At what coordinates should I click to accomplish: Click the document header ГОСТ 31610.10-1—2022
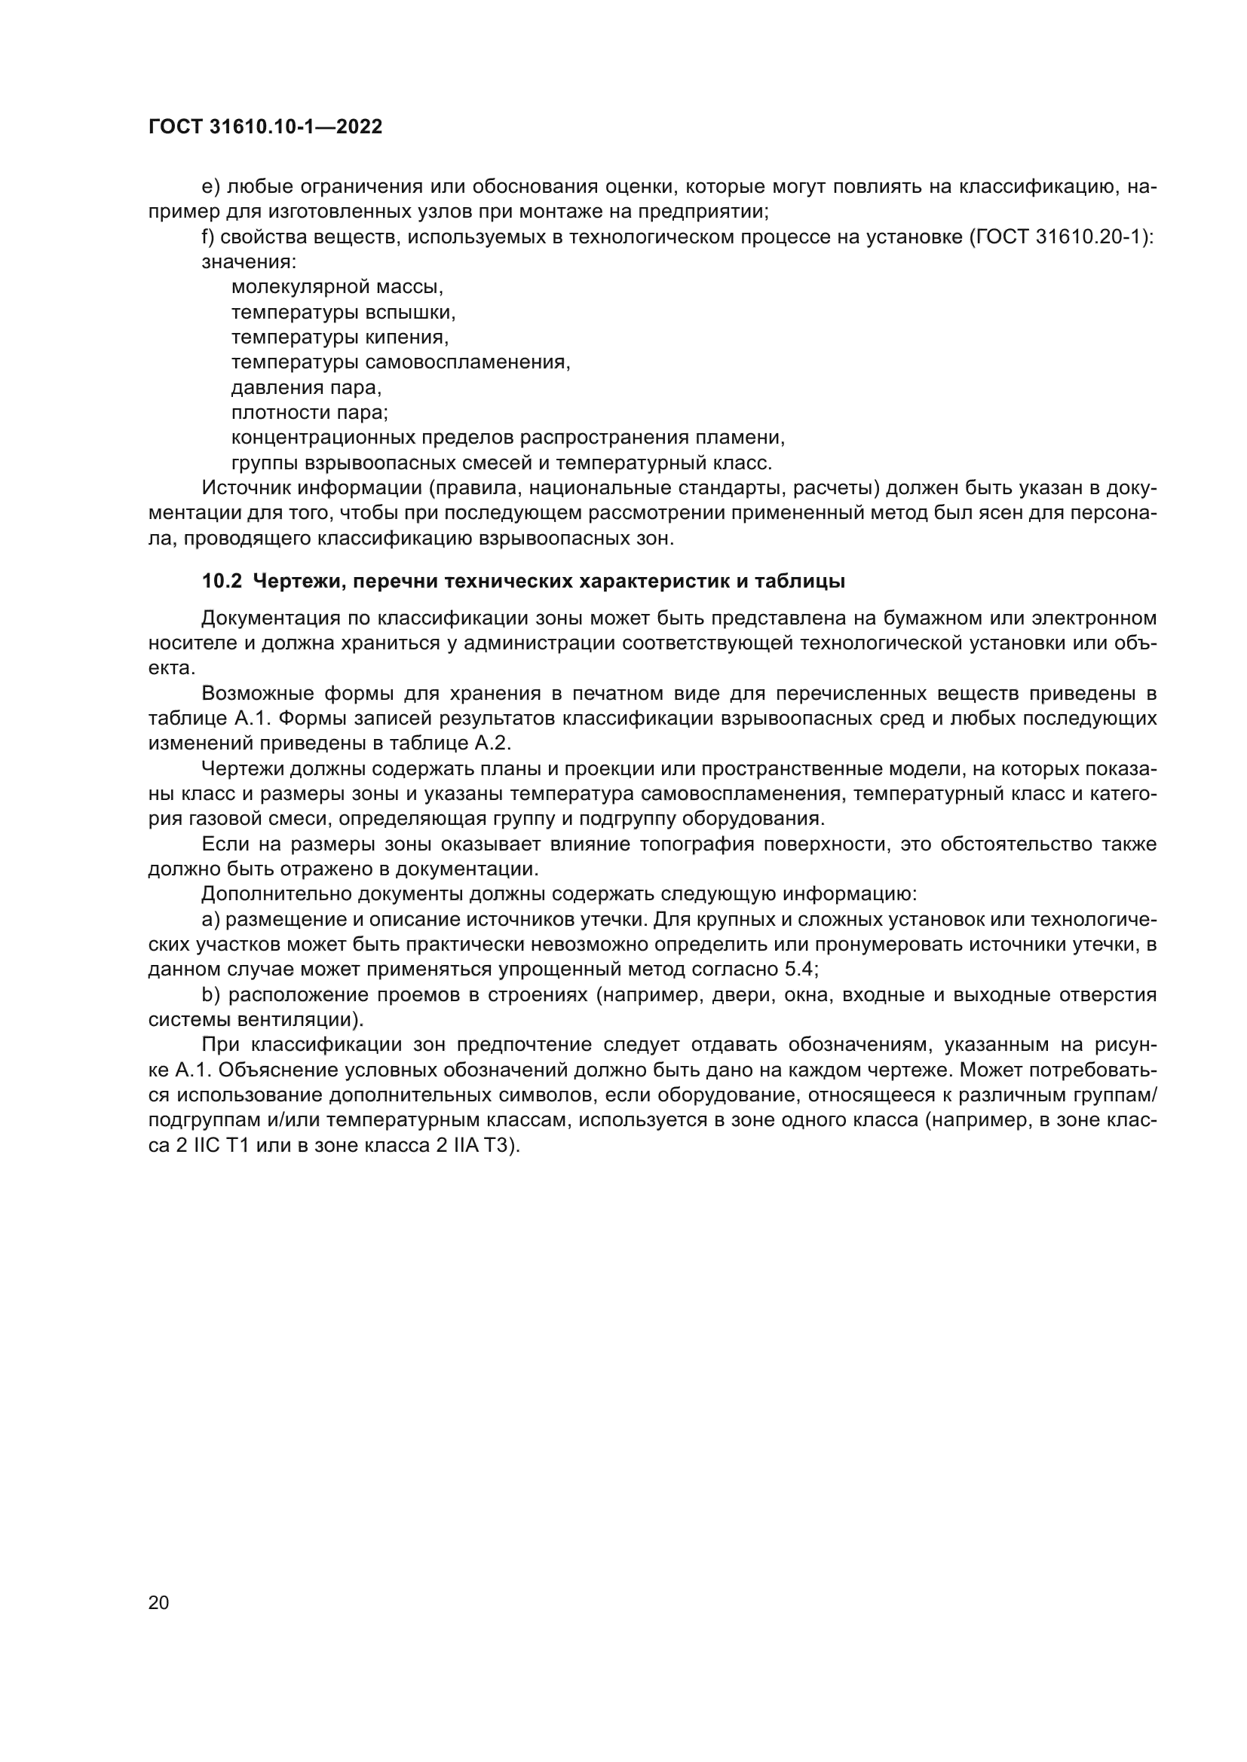265,127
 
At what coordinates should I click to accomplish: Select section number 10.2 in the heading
221,581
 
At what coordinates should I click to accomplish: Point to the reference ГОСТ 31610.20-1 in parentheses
1061,237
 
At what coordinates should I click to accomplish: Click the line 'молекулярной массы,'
337,287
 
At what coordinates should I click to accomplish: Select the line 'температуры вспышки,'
343,313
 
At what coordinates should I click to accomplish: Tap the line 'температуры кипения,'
339,337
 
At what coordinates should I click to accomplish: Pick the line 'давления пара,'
305,387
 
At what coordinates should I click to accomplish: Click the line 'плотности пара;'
309,413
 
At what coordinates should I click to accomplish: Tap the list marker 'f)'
209,237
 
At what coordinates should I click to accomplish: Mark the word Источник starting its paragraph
245,488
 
